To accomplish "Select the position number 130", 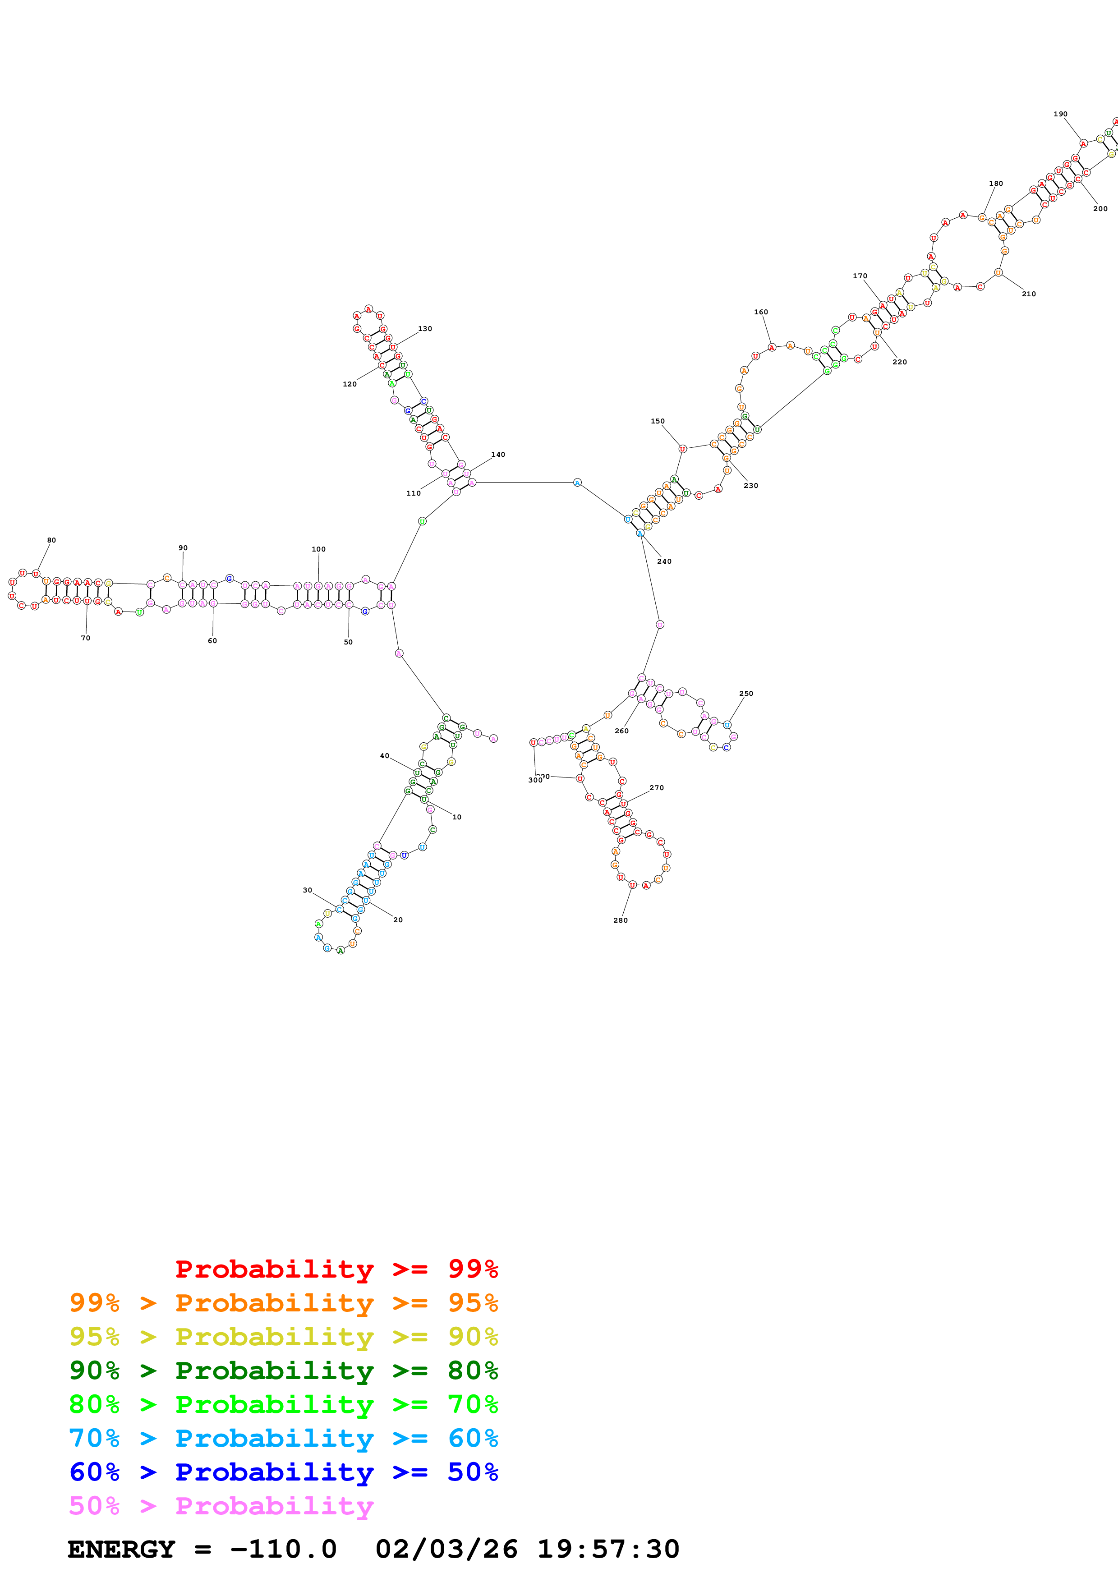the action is click(425, 329).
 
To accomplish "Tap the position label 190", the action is click(1060, 115).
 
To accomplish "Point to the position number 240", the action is click(664, 561).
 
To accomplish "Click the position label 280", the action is click(620, 920).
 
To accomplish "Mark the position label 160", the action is click(760, 312).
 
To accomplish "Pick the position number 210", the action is click(1028, 294).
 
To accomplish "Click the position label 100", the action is click(318, 549).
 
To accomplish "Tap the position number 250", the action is click(746, 694).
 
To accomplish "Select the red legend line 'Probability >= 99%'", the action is click(336, 1269).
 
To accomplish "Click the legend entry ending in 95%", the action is click(284, 1303).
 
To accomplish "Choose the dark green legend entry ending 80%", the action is click(284, 1370).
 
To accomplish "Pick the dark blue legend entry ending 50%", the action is click(284, 1472).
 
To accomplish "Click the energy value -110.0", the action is click(283, 1549).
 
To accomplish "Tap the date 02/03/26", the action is click(446, 1549).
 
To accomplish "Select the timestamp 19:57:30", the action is click(608, 1549).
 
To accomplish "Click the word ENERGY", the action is click(121, 1549).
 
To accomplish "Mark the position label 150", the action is click(658, 421).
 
